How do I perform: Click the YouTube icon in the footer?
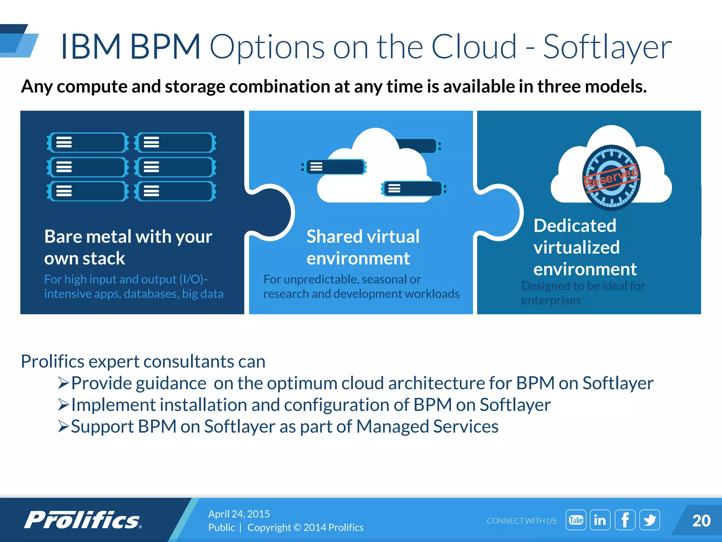[x=576, y=520]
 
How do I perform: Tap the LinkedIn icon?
[x=600, y=520]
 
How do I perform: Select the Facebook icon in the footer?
[x=625, y=520]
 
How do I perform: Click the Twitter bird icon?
[x=649, y=520]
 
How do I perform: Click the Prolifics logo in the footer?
[x=83, y=520]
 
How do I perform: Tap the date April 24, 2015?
[x=239, y=514]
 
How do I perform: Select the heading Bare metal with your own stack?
[x=128, y=247]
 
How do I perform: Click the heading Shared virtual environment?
[x=363, y=247]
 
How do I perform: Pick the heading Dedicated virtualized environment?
[x=585, y=247]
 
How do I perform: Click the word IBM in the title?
[x=91, y=47]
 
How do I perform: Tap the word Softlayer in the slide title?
[x=607, y=47]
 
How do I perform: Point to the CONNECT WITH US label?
[x=522, y=521]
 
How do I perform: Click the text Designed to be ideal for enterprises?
[x=583, y=293]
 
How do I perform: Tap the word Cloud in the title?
[x=474, y=47]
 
